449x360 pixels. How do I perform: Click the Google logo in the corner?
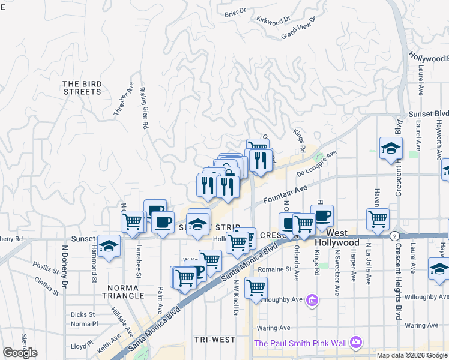tap(20, 353)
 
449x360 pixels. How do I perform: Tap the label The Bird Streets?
tap(82, 88)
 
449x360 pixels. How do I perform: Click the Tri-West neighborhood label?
tap(215, 340)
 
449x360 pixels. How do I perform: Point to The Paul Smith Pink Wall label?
tap(301, 343)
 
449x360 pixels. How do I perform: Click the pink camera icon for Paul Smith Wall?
tap(357, 343)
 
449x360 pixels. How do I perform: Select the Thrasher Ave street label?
tap(124, 100)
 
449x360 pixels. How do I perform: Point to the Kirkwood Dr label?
tap(273, 20)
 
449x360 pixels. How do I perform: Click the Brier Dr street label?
tap(235, 11)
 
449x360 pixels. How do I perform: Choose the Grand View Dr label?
tap(298, 28)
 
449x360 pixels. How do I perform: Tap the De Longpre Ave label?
tap(317, 164)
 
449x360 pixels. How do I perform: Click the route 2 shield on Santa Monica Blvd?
tap(394, 235)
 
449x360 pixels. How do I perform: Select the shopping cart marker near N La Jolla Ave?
tap(378, 220)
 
